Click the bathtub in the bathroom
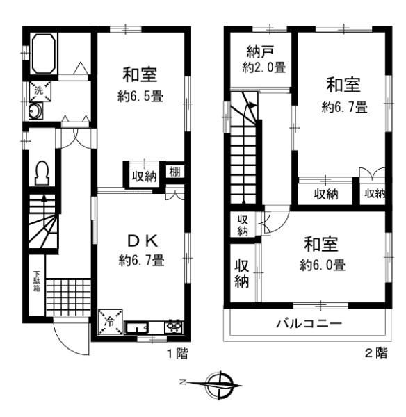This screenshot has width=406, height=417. [44, 54]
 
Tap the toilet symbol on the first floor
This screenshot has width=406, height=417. [42, 173]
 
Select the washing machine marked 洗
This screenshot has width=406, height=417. [40, 92]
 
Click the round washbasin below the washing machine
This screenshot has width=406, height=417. [35, 111]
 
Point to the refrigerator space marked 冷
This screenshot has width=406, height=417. [110, 322]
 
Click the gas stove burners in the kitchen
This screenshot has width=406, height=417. [174, 327]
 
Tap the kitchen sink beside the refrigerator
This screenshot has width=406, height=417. [136, 327]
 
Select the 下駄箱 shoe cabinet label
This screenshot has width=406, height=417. [37, 281]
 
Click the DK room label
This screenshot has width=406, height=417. [143, 241]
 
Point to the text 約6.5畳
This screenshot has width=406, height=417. [140, 97]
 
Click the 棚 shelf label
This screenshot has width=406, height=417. [174, 172]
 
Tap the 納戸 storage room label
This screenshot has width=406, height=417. [260, 51]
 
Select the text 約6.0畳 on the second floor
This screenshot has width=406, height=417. [323, 265]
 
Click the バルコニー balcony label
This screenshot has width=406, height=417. [309, 324]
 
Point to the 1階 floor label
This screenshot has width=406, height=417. [177, 354]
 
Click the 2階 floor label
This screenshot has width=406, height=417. [376, 353]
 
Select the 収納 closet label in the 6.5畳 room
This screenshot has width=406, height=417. [145, 177]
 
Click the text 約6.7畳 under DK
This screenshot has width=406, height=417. [142, 260]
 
